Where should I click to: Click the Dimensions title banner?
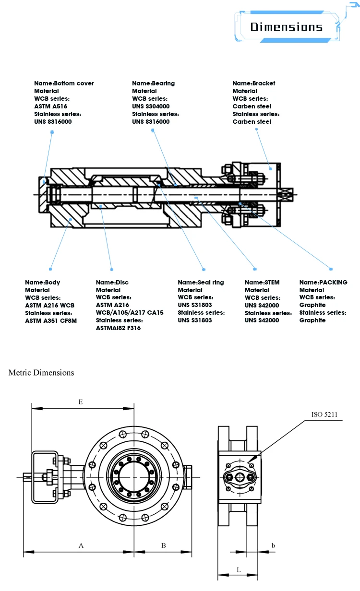pyautogui.click(x=286, y=27)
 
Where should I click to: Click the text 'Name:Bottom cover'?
pyautogui.click(x=64, y=83)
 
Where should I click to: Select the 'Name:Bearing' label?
pyautogui.click(x=153, y=83)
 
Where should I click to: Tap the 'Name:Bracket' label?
pyautogui.click(x=254, y=83)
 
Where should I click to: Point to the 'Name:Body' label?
pyautogui.click(x=43, y=282)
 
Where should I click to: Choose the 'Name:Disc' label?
pyautogui.click(x=112, y=282)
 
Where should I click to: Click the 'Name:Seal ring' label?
pyautogui.click(x=201, y=282)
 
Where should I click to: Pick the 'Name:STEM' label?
pyautogui.click(x=262, y=282)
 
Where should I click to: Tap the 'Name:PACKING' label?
pyautogui.click(x=323, y=282)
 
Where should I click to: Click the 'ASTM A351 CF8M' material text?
pyautogui.click(x=51, y=320)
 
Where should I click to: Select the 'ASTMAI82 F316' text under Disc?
pyautogui.click(x=118, y=328)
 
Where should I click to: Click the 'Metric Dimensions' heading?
pyautogui.click(x=41, y=372)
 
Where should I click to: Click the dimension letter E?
pyautogui.click(x=81, y=402)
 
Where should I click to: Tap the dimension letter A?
pyautogui.click(x=81, y=545)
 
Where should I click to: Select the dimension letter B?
pyautogui.click(x=163, y=545)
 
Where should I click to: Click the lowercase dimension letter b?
pyautogui.click(x=273, y=545)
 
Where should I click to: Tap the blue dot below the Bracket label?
pyautogui.click(x=271, y=168)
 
